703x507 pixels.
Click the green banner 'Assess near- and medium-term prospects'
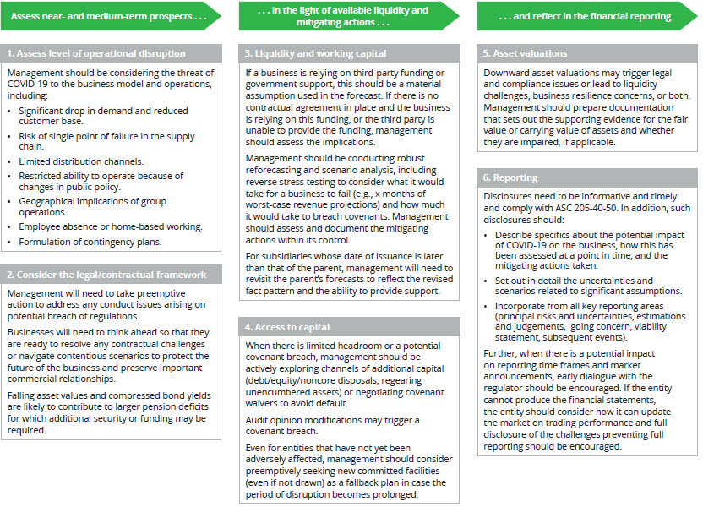click(110, 16)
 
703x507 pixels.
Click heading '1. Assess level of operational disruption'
click(97, 54)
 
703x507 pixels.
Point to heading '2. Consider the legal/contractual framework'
click(106, 275)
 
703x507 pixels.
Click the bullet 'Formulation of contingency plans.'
click(90, 242)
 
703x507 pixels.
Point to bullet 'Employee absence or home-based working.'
click(110, 226)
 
